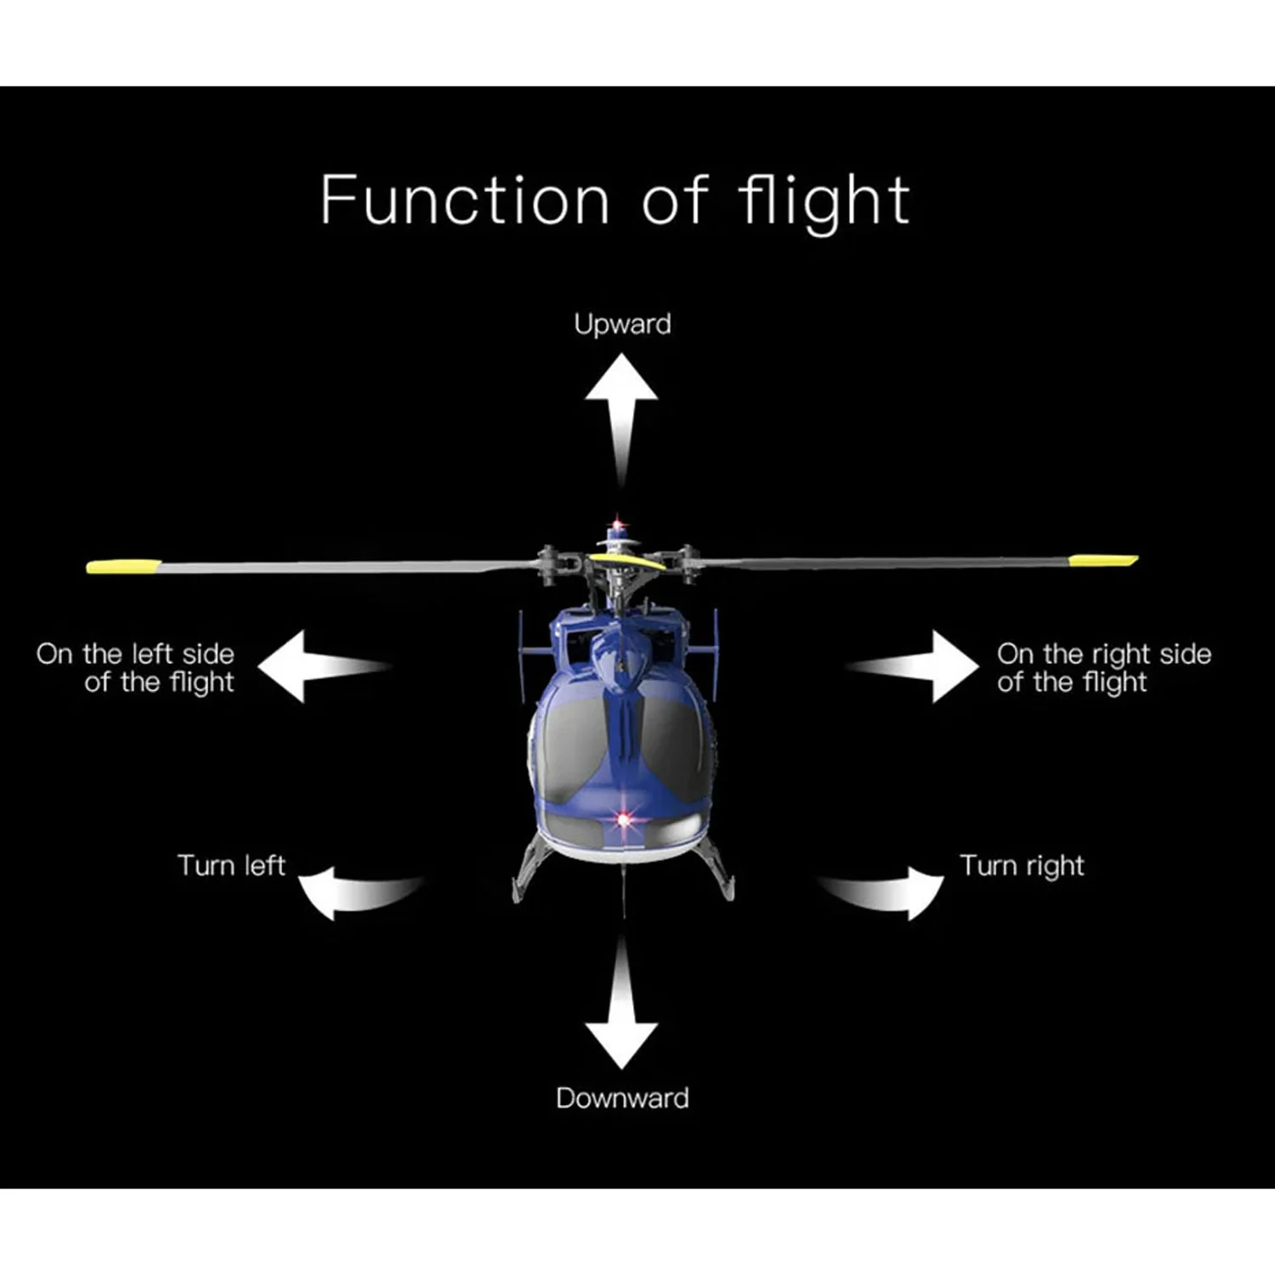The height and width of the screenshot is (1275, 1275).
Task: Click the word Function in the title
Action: (465, 200)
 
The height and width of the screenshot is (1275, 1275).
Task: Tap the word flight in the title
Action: (824, 202)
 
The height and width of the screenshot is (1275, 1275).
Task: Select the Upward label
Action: (622, 325)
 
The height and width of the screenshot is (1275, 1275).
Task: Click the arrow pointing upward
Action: (621, 421)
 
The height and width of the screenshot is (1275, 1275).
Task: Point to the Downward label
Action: (622, 1098)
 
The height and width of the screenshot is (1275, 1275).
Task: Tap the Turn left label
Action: (231, 865)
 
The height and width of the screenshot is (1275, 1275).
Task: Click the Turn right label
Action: (1022, 866)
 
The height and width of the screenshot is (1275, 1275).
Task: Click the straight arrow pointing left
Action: (323, 666)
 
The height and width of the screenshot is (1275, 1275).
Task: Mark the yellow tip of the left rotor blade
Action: (123, 566)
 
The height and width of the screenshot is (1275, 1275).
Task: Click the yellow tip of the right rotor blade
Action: (1103, 560)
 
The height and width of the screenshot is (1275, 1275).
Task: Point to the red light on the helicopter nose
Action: (625, 820)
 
